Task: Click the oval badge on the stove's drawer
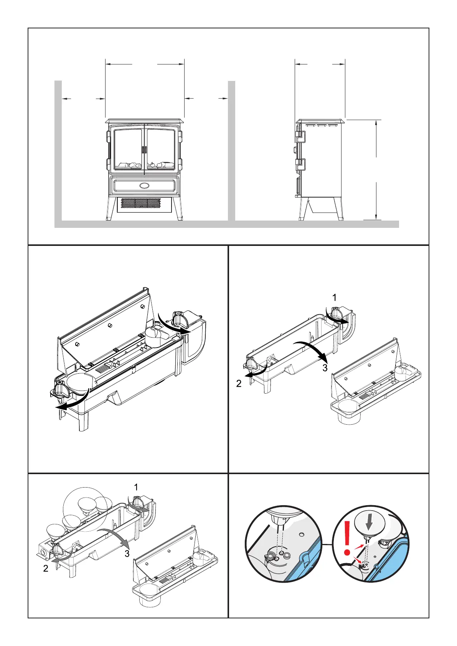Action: point(145,186)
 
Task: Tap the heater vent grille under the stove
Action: point(140,203)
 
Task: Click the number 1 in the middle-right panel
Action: point(334,297)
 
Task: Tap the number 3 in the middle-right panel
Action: point(325,368)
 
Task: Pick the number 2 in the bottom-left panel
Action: point(46,569)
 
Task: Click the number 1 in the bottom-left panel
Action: point(136,487)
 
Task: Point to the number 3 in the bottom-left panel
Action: point(127,554)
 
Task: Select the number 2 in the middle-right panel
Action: point(239,383)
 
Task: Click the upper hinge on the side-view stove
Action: point(300,136)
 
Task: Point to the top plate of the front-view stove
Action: point(145,121)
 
